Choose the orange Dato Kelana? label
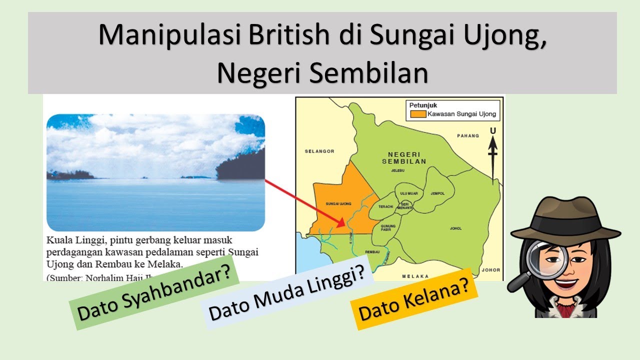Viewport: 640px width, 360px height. [x=414, y=299]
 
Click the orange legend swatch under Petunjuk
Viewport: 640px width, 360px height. [x=418, y=114]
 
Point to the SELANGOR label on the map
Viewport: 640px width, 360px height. [x=319, y=150]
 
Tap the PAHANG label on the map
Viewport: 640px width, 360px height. [x=468, y=135]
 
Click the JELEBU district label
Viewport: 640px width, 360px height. [x=397, y=170]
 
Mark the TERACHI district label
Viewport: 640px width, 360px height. [x=385, y=206]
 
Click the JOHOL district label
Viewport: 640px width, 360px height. [x=455, y=229]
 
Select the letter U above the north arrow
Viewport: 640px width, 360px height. [x=493, y=131]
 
